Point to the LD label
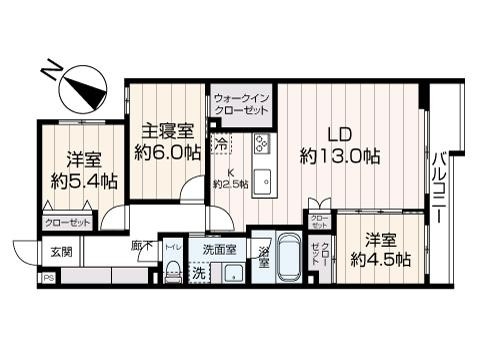point(340,131)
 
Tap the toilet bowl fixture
point(172,268)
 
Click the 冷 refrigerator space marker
point(219,143)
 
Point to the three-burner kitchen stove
point(261,144)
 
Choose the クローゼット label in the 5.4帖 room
point(67,224)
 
